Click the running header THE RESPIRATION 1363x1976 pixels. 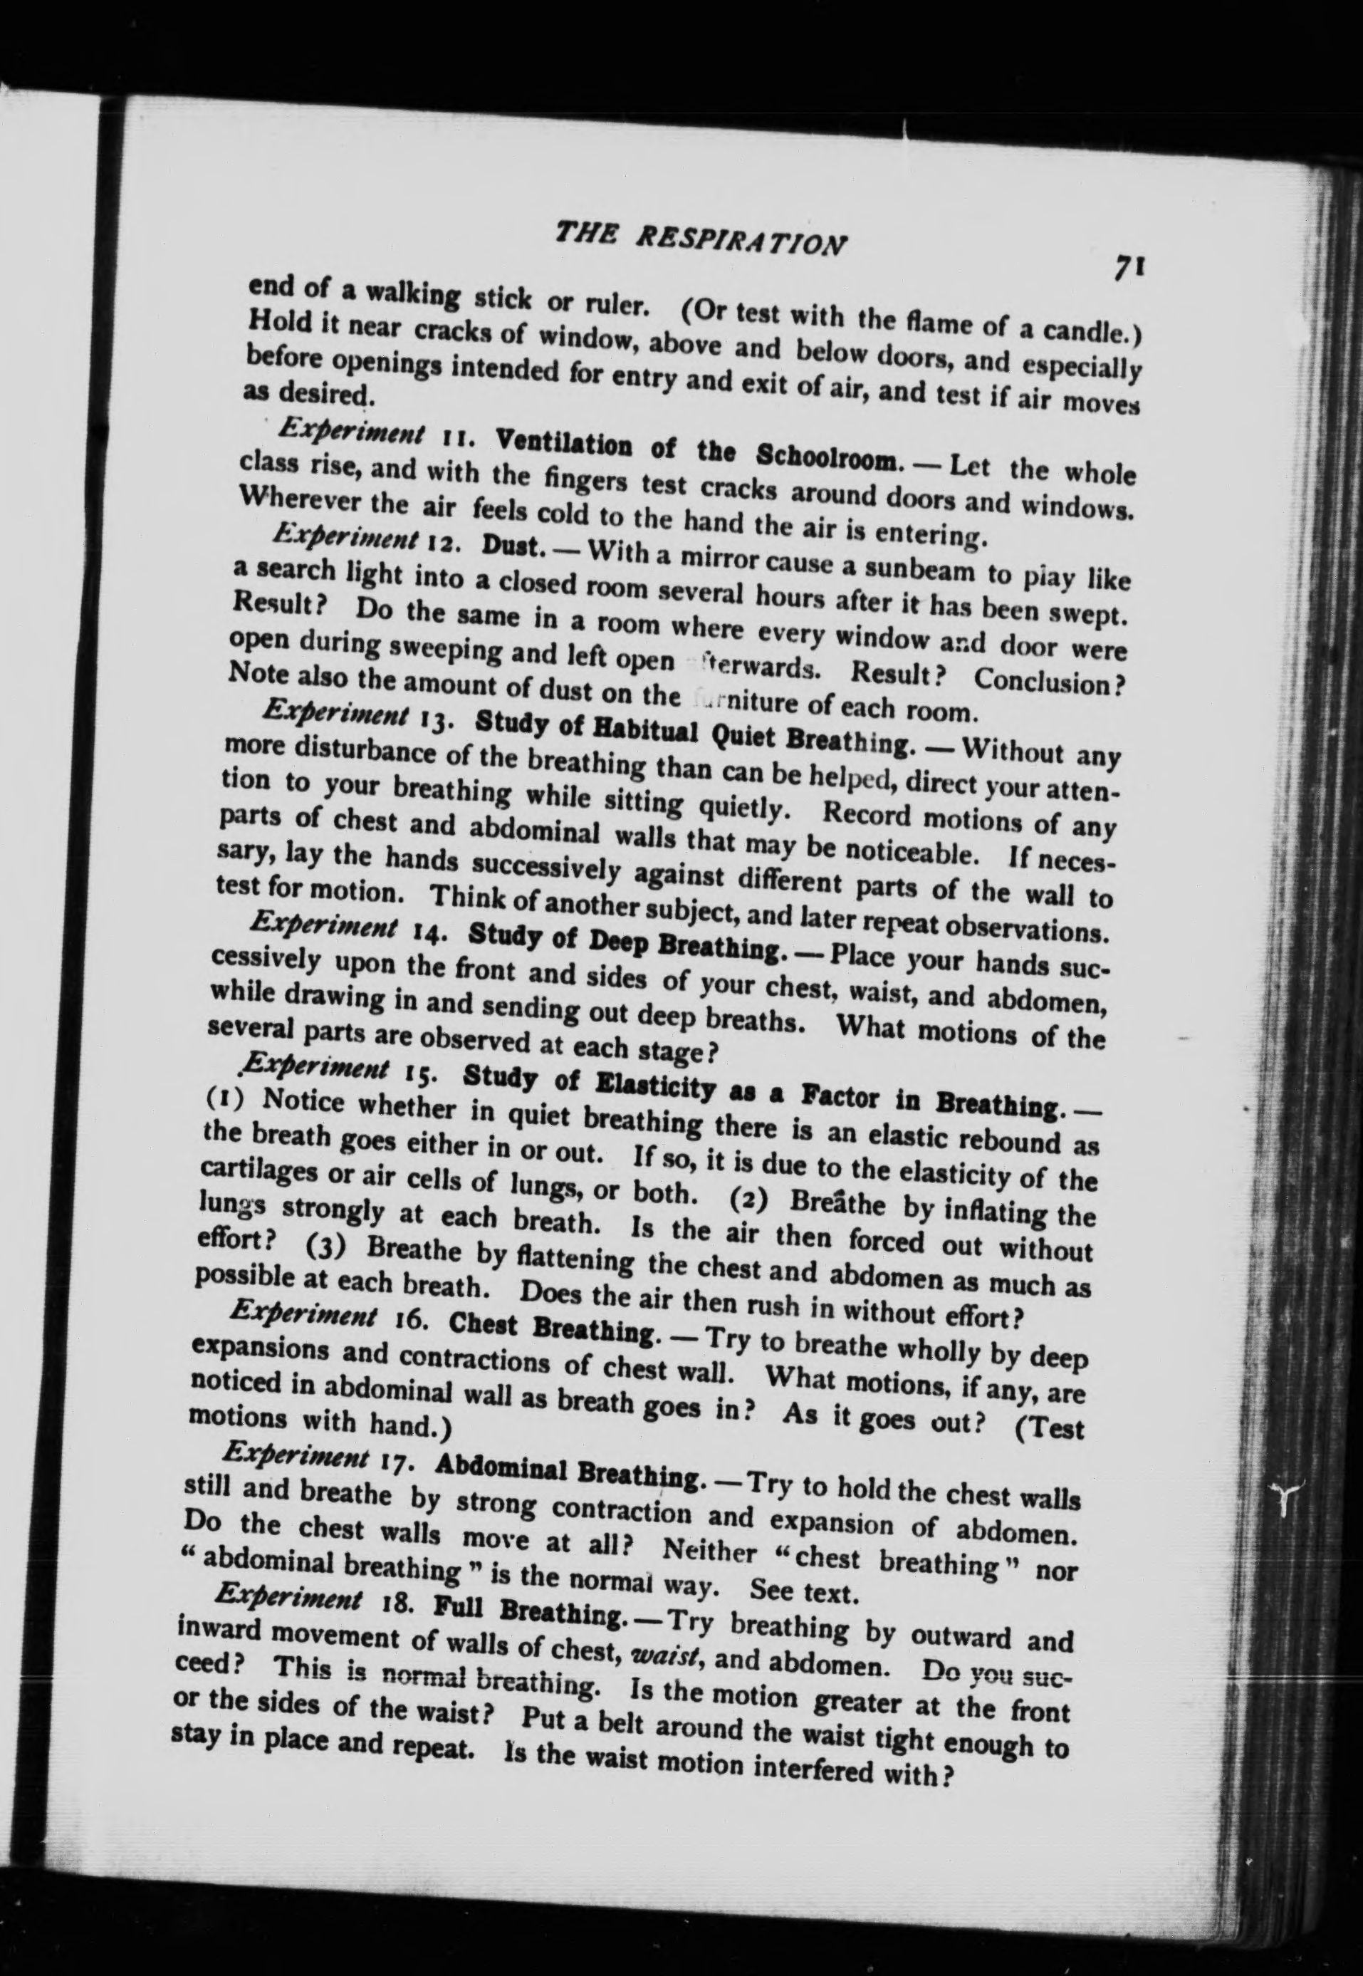[x=700, y=236]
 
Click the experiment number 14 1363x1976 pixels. [x=438, y=933]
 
